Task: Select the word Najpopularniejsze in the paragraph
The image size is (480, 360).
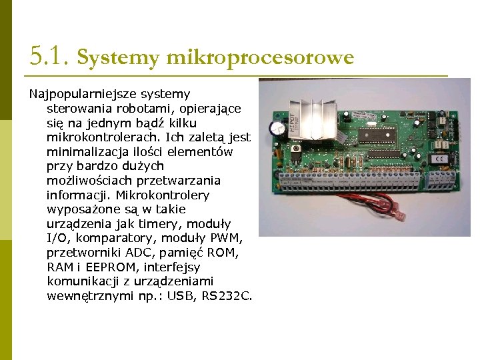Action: [x=76, y=94]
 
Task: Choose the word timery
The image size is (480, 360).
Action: [x=205, y=223]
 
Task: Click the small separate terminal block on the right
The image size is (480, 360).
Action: [x=443, y=179]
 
